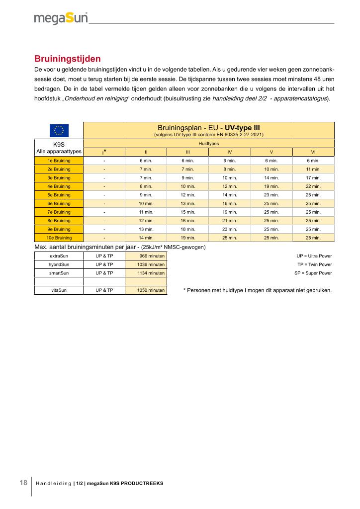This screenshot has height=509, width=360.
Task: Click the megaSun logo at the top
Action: click(61, 18)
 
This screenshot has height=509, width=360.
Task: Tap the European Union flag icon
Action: click(59, 130)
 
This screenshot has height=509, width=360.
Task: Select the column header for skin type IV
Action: click(229, 152)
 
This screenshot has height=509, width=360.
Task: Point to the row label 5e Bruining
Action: click(59, 195)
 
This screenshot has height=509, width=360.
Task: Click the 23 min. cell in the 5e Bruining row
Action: click(271, 195)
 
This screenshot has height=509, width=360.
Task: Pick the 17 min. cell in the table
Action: click(313, 177)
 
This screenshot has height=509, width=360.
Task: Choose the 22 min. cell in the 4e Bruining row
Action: click(313, 186)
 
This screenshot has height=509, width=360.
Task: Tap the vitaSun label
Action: click(59, 290)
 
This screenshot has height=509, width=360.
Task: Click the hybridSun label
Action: click(59, 264)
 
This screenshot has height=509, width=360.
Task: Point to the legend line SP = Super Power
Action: click(313, 273)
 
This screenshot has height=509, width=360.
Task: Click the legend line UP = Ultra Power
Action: click(314, 255)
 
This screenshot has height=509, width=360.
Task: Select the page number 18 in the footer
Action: click(23, 483)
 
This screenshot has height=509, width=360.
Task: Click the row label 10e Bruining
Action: click(59, 238)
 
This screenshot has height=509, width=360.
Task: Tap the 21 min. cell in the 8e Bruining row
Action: click(229, 220)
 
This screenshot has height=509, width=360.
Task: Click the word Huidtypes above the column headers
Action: click(208, 143)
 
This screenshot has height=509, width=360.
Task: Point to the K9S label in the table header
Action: click(59, 144)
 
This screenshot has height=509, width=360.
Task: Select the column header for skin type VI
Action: click(313, 152)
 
